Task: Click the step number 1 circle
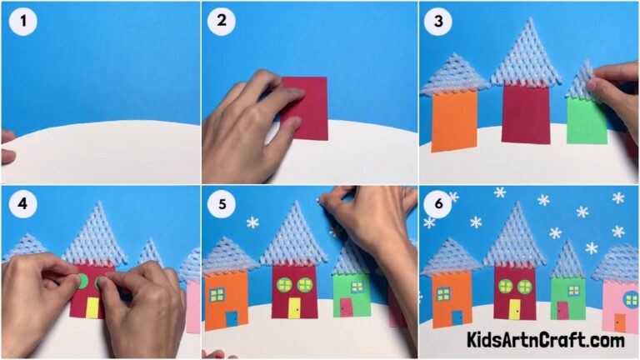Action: tap(22, 22)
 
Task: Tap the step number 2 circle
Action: tap(222, 22)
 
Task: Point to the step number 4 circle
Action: tap(22, 205)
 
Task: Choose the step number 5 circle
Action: tap(222, 205)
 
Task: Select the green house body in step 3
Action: tap(587, 121)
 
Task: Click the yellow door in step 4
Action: tap(92, 307)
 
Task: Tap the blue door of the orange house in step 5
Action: tap(231, 319)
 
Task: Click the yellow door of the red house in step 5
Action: tap(294, 308)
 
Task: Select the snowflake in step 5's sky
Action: tap(251, 222)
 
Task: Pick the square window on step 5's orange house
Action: tap(217, 294)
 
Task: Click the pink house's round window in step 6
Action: tap(631, 297)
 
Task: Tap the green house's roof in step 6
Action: tap(568, 260)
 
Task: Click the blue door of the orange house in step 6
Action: tap(457, 317)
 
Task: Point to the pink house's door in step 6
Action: tap(619, 321)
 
